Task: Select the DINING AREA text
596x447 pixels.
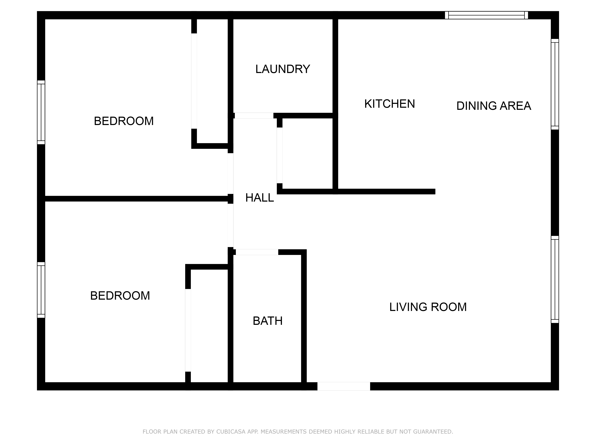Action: (494, 106)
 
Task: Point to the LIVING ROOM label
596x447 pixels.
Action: (428, 307)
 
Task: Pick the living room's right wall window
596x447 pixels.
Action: (555, 279)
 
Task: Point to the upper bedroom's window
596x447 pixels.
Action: (41, 112)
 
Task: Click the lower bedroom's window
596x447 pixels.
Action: (41, 290)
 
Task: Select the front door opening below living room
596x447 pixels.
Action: (344, 386)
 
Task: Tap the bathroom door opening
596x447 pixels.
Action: (257, 252)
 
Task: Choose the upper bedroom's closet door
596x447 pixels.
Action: (194, 81)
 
